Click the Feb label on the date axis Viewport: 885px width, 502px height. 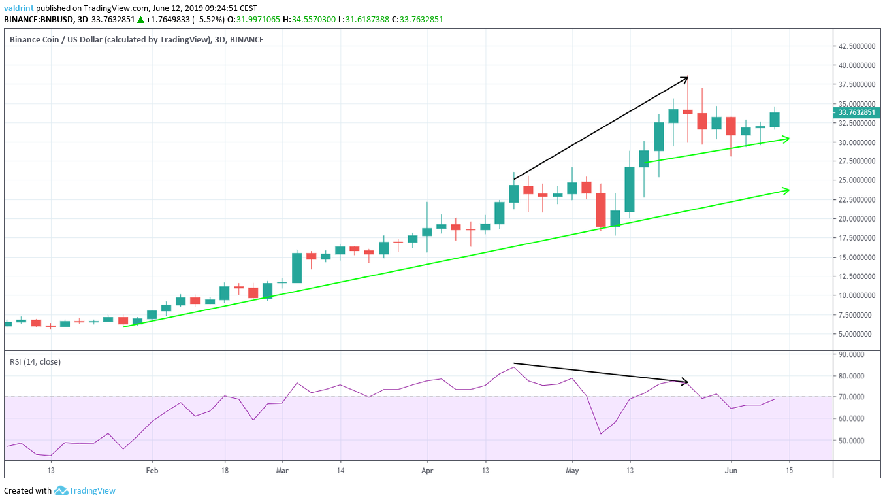coord(152,470)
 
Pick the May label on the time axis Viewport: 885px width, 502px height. coord(572,470)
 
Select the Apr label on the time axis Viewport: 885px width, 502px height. coord(427,470)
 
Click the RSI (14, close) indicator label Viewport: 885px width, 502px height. coord(35,361)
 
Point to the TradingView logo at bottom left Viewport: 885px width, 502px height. coord(84,490)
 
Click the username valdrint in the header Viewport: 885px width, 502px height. coord(20,8)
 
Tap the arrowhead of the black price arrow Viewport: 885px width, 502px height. coord(687,78)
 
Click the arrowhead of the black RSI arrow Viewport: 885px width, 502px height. coord(686,382)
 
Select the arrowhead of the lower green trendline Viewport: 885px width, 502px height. coord(788,190)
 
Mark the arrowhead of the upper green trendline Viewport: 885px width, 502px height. coord(788,138)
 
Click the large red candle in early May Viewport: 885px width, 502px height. coord(601,210)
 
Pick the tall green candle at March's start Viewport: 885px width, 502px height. coord(297,268)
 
